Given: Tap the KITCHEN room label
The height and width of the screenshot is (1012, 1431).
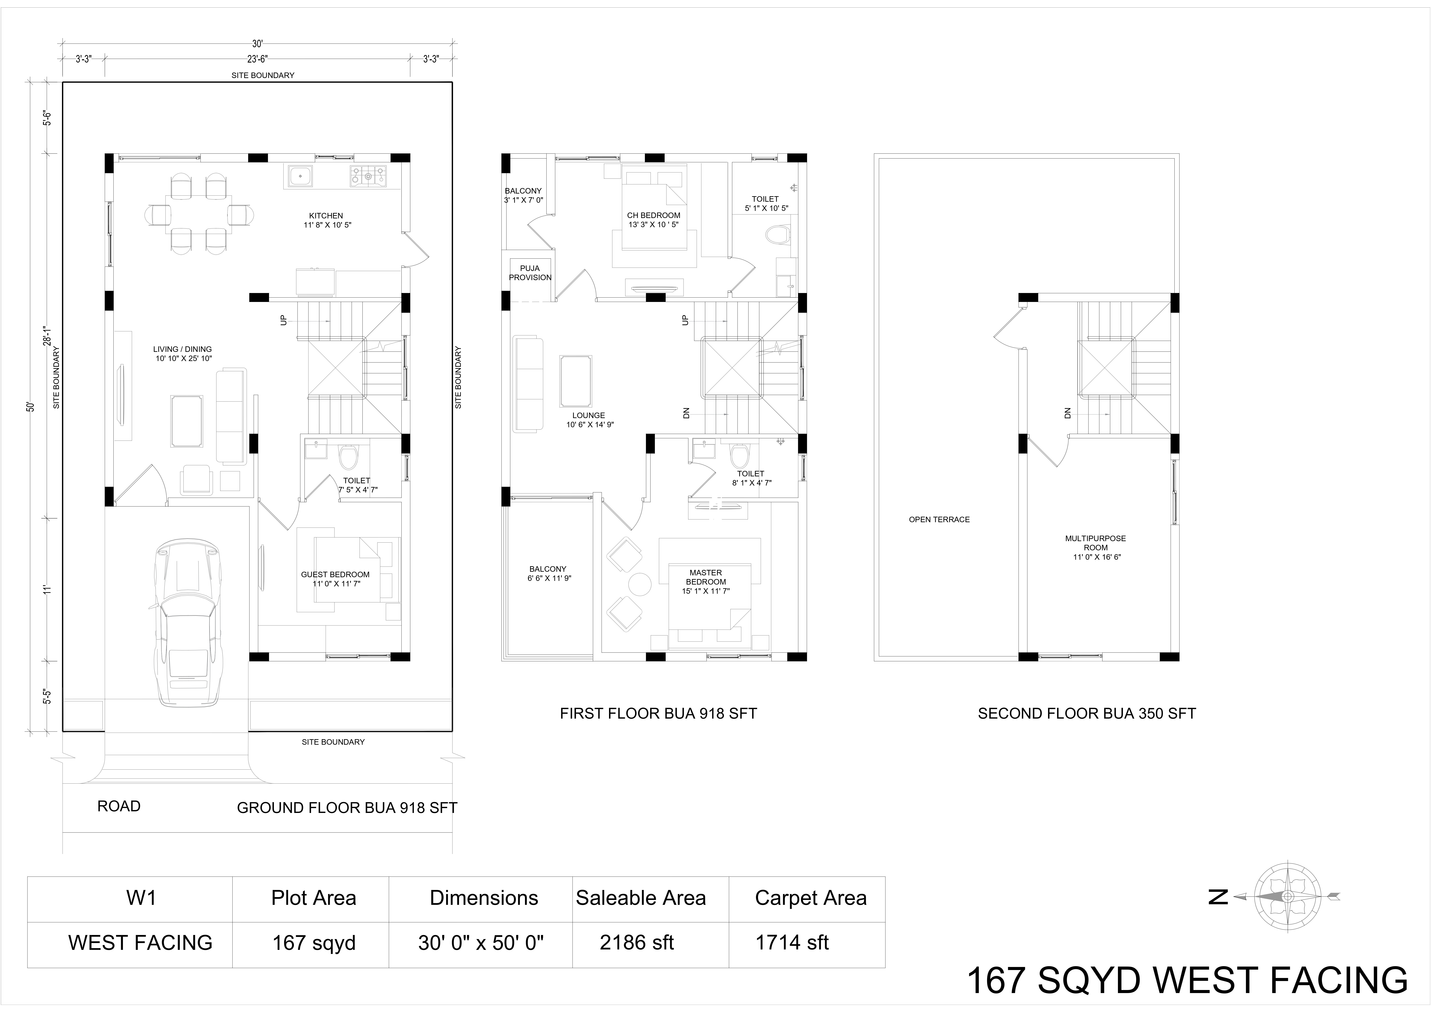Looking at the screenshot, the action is (x=326, y=216).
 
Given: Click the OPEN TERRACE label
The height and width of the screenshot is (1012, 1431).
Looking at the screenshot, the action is (x=939, y=519).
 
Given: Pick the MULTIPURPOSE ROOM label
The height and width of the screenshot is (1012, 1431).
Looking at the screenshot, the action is (x=1096, y=543).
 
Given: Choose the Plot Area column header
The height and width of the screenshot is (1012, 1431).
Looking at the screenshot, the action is (x=313, y=898).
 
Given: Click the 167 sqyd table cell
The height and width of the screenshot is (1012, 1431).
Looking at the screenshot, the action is (x=313, y=943).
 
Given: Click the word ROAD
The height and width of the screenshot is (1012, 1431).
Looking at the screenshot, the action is (x=119, y=806).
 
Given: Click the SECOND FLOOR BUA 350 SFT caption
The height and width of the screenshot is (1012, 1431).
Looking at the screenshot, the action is (x=1087, y=714).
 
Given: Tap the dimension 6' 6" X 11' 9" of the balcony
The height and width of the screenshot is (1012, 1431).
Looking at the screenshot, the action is (x=549, y=578).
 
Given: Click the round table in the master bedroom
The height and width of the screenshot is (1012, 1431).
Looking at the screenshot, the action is (x=639, y=584).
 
